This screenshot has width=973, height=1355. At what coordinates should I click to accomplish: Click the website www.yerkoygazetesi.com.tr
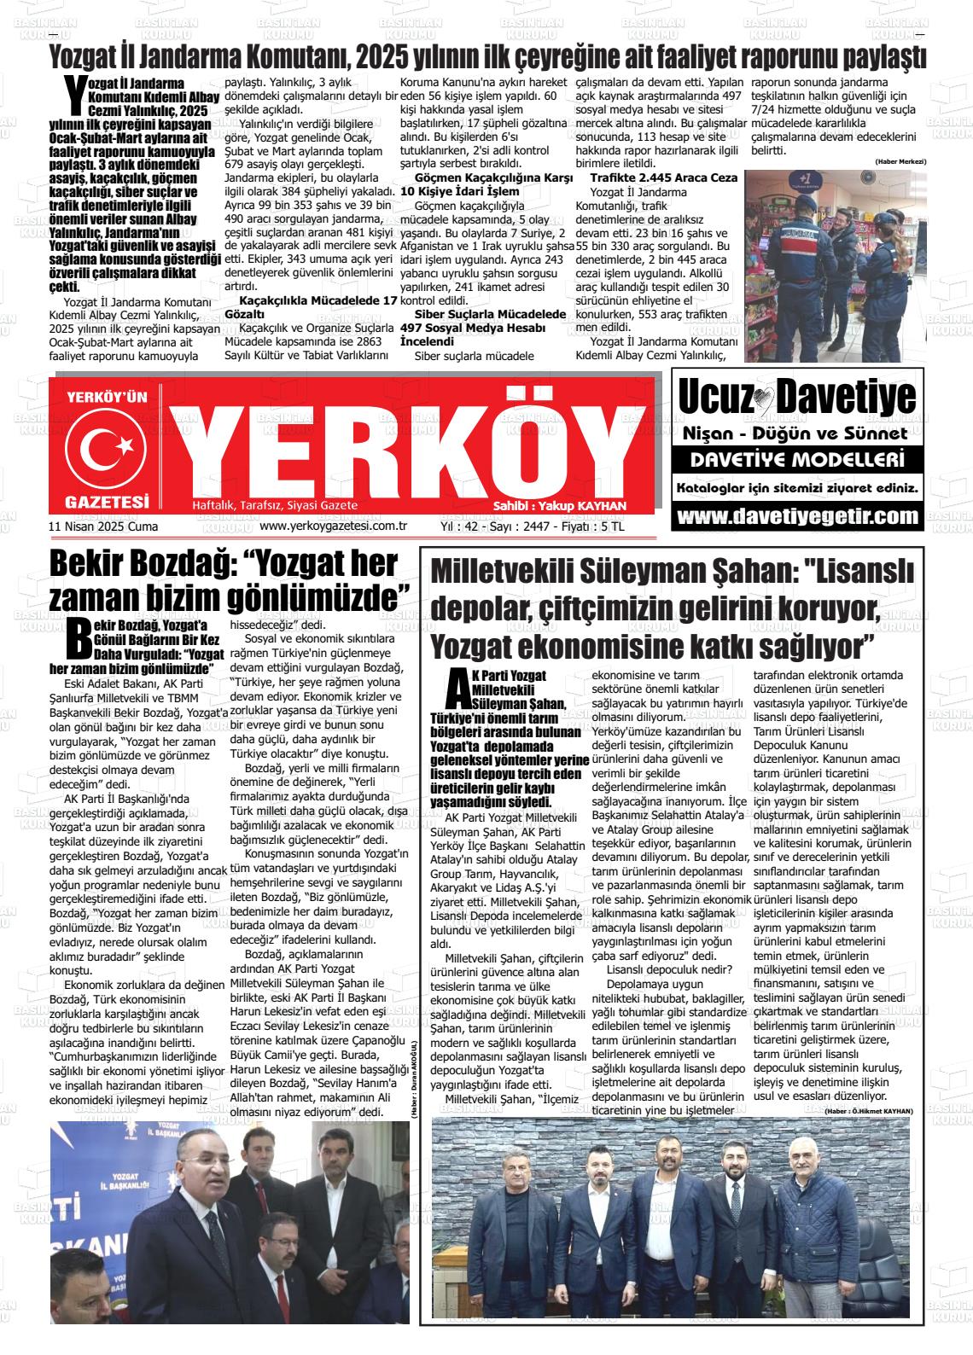332,526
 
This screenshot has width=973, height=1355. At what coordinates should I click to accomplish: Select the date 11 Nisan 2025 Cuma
104,526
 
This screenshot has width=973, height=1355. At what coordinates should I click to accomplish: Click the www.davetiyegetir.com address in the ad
797,517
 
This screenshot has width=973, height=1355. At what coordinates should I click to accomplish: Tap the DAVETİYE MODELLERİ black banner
797,461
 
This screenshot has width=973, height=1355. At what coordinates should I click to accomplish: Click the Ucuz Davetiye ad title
797,398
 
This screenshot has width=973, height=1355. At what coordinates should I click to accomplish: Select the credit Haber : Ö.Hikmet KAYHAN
868,1110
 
